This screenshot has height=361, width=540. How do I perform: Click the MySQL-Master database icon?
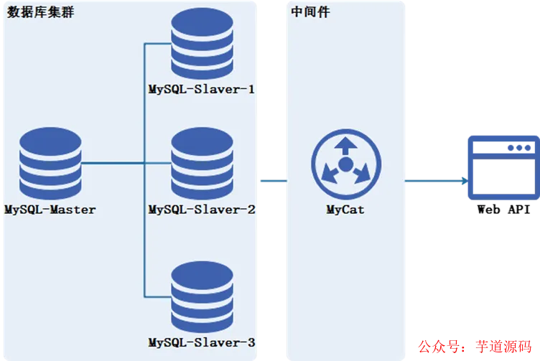tap(50, 162)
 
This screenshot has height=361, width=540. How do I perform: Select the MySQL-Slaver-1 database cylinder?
tap(202, 44)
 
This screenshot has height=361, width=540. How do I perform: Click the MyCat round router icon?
tap(345, 164)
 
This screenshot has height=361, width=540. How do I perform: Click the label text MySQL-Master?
tap(50, 210)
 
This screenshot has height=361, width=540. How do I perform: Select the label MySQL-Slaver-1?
tap(201, 90)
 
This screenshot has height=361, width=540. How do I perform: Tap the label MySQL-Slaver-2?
tap(201, 210)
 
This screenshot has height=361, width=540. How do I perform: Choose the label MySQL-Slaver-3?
tap(201, 342)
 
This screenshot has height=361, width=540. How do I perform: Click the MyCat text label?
tap(345, 210)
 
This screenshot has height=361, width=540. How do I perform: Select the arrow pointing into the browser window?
tap(435, 181)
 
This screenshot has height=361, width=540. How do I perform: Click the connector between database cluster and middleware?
tap(273, 181)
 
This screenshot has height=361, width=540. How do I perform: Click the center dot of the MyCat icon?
tap(345, 165)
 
